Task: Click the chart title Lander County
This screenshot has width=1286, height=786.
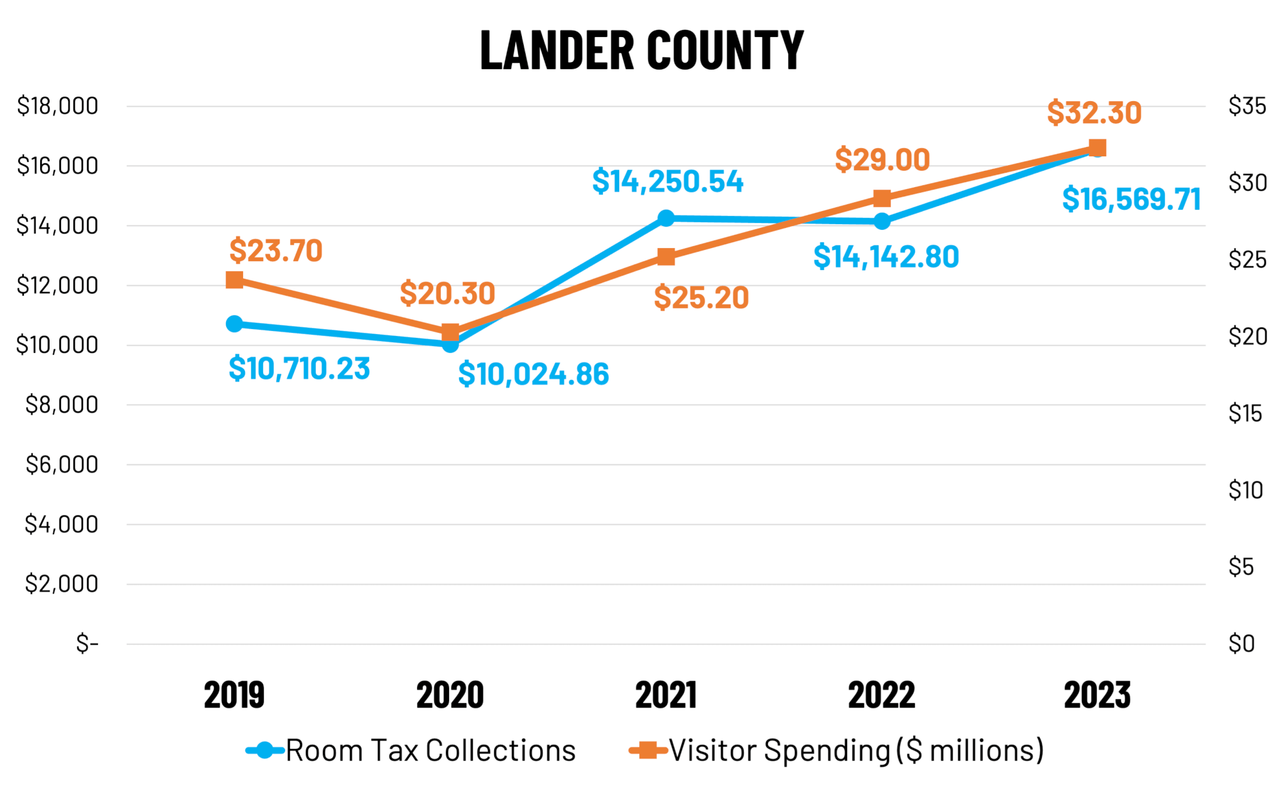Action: tap(642, 50)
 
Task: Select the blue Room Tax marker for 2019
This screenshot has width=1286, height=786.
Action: tap(234, 324)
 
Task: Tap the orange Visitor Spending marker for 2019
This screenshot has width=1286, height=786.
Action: tap(234, 280)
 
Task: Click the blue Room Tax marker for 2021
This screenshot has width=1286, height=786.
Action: tap(666, 218)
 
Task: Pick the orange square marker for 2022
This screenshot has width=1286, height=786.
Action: tap(882, 198)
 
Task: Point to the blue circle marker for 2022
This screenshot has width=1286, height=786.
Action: tap(882, 221)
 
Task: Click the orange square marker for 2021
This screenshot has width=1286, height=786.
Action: tap(666, 257)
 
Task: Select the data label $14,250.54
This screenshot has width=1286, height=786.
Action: tap(667, 181)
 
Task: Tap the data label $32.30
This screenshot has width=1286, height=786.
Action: tap(1094, 113)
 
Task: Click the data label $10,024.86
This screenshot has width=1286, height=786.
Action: tap(534, 374)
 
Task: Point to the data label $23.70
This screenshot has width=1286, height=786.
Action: tap(276, 250)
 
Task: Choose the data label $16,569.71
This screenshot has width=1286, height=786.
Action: tap(1132, 200)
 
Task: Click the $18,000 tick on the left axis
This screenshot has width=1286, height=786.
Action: tap(58, 106)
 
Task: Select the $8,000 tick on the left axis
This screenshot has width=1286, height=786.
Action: tap(62, 405)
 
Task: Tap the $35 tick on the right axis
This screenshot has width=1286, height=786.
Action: tap(1248, 106)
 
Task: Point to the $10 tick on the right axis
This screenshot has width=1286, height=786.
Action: tap(1246, 490)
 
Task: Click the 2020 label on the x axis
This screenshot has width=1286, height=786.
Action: tap(450, 695)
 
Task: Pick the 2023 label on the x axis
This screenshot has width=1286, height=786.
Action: tap(1098, 695)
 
